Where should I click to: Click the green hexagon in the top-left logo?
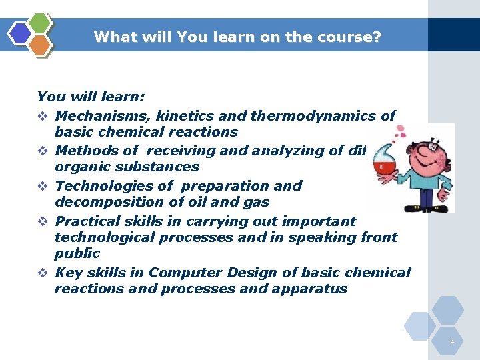[41, 23]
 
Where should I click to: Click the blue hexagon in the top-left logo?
[20, 33]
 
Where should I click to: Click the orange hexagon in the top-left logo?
[41, 45]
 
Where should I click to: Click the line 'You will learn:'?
[91, 97]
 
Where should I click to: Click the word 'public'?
[77, 253]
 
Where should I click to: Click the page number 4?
[452, 342]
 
